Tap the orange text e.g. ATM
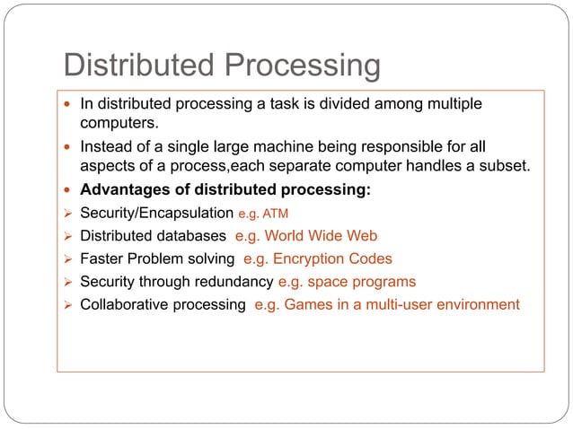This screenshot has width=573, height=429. tap(262, 214)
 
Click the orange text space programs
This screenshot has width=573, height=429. tap(362, 281)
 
